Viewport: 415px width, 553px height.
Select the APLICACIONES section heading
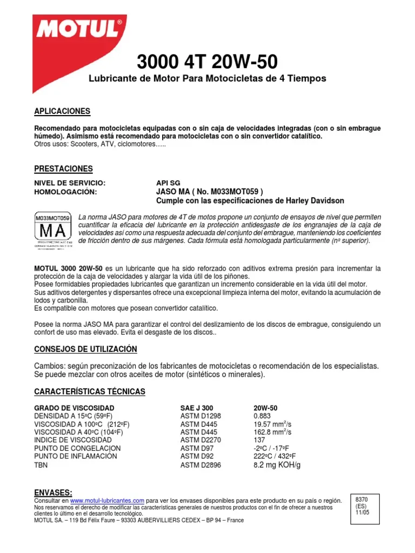coord(62,111)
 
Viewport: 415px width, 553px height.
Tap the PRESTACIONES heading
coord(64,168)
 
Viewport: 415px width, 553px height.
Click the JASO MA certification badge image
coord(52,231)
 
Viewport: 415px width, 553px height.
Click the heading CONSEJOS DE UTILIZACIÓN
coord(86,349)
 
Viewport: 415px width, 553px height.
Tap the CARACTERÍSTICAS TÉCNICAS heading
coord(90,391)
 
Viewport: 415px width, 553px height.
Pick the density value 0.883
coord(263,416)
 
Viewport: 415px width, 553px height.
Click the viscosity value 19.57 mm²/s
coord(272,424)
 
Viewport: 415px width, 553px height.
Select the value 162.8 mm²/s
coord(272,432)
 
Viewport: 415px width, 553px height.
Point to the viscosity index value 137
coord(260,440)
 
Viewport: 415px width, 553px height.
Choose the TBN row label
coord(41,464)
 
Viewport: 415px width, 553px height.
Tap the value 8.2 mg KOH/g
coord(277,464)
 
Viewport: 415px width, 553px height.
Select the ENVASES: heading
coord(53,493)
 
